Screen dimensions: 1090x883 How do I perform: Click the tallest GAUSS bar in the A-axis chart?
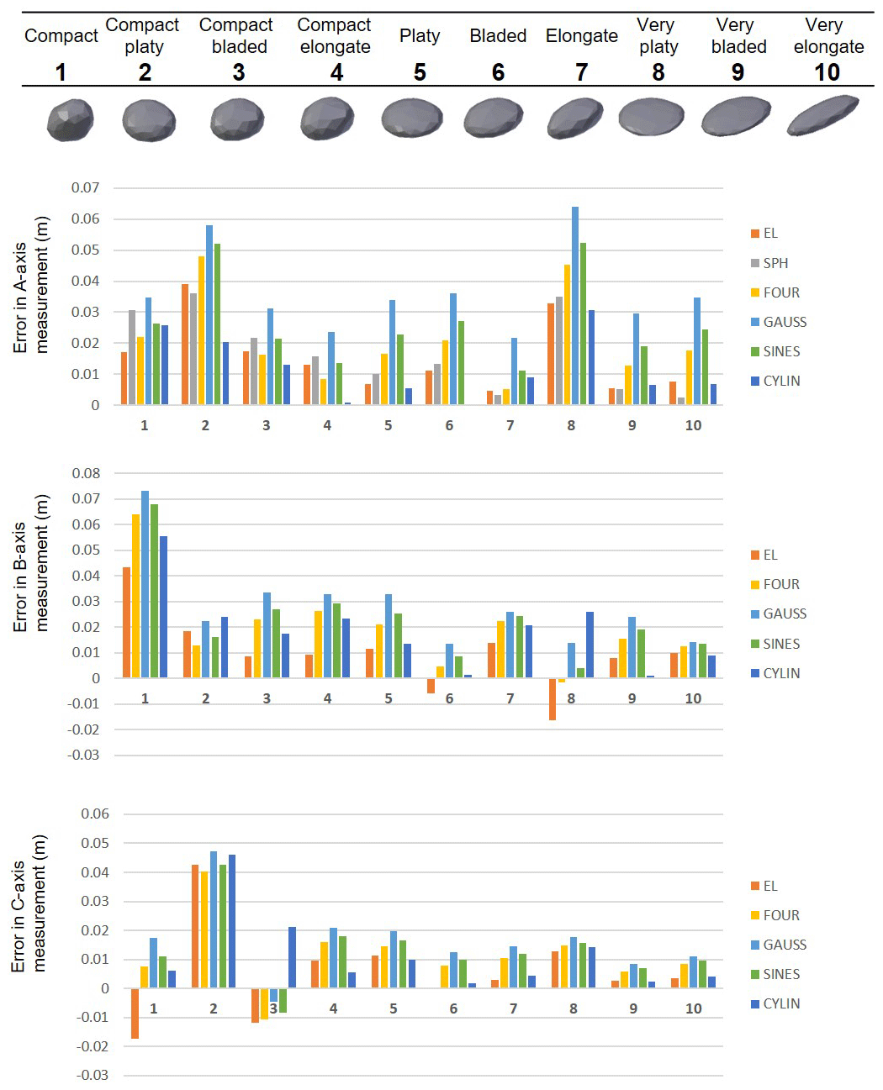[x=575, y=306]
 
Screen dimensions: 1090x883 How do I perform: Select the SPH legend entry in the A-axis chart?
[x=775, y=263]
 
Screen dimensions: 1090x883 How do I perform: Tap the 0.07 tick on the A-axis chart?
[x=85, y=187]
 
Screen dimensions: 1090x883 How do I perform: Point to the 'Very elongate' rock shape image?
[x=822, y=115]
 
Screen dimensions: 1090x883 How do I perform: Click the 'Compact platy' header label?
[x=143, y=36]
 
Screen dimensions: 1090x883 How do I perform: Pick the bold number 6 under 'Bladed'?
[x=498, y=73]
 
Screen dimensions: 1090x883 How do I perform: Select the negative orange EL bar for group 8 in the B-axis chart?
[x=553, y=699]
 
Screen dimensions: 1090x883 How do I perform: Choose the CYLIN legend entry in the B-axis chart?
[x=780, y=673]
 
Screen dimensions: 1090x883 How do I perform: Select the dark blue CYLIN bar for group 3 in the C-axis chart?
[x=292, y=957]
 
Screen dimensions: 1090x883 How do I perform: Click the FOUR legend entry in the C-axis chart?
[x=780, y=915]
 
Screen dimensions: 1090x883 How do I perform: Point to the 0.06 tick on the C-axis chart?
[x=94, y=814]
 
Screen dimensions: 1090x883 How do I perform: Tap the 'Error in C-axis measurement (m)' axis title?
[x=29, y=903]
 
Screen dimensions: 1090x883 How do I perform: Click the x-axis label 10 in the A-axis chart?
[x=693, y=425]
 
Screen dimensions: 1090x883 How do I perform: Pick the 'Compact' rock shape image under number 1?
[x=70, y=119]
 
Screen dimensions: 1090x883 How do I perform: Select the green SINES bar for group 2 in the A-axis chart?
[x=217, y=324]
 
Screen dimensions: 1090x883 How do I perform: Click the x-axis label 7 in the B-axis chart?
[x=510, y=698]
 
